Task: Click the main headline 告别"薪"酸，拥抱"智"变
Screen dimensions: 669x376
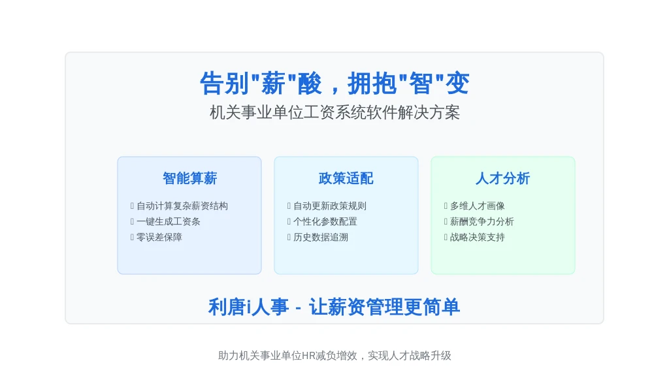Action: pos(334,83)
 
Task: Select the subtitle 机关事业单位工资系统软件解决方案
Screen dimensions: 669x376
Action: pos(334,112)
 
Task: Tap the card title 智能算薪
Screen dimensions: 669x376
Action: pos(190,178)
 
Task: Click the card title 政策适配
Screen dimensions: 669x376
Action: pos(346,178)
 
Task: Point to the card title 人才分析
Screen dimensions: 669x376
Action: pos(503,178)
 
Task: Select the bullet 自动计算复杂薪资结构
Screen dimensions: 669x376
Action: pos(182,206)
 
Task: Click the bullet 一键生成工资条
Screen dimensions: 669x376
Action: pos(168,222)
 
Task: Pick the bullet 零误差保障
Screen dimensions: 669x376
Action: pos(159,237)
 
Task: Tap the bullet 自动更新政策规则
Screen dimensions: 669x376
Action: pos(330,206)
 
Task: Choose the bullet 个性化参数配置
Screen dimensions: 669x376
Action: pos(325,222)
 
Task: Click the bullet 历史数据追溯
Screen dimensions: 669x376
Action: pos(320,237)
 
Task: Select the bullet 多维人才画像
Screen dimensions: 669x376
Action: pos(478,206)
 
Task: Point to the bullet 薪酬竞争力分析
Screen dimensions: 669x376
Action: pos(482,222)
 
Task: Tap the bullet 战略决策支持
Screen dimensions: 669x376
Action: pos(478,237)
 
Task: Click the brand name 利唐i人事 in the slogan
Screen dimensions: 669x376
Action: pos(248,307)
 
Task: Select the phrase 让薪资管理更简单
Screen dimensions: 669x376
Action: pos(384,307)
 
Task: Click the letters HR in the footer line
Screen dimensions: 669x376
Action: pos(308,356)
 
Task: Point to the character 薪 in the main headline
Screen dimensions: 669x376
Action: pos(273,83)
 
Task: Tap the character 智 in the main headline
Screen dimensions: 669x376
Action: pos(421,83)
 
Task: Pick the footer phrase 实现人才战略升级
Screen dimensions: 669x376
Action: pos(410,356)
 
